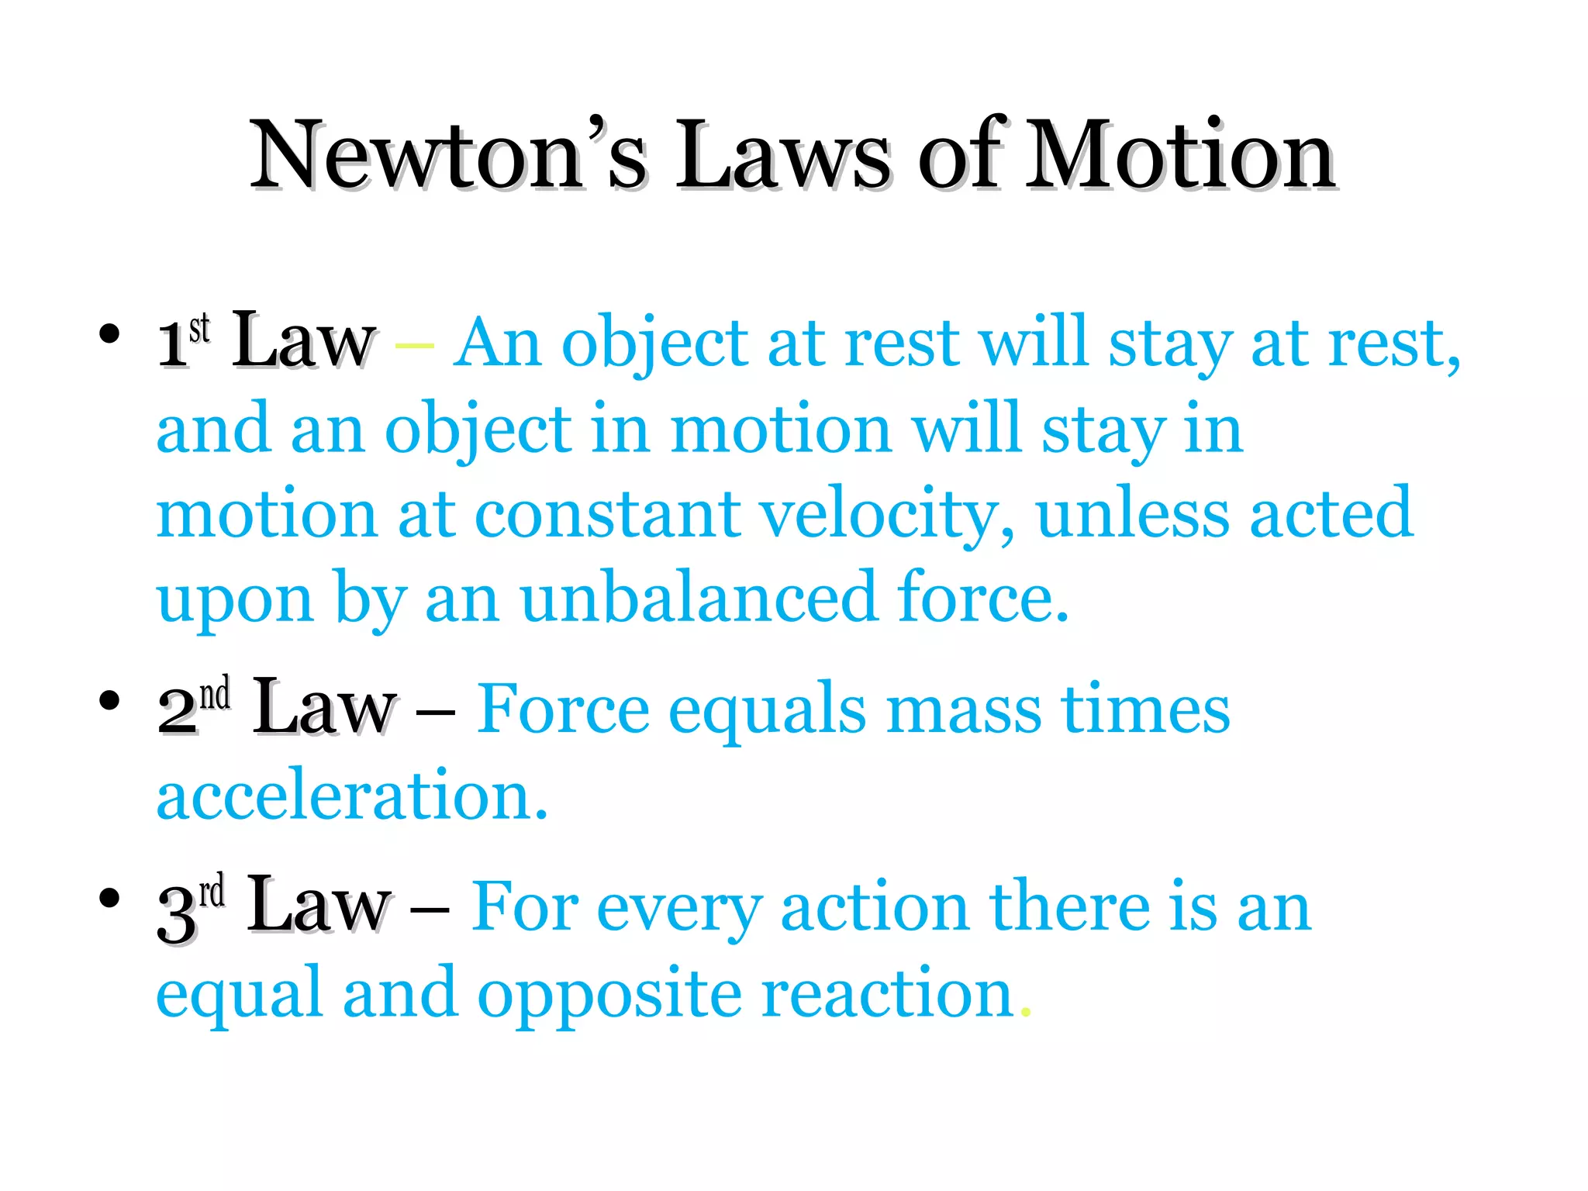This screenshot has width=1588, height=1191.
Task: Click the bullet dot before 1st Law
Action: (x=109, y=334)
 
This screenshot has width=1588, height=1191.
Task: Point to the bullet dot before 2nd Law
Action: (x=109, y=700)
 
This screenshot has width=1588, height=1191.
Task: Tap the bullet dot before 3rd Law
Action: (x=109, y=898)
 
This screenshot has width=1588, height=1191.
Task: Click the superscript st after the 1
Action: (x=199, y=329)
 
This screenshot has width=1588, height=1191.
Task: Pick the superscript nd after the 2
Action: (x=215, y=693)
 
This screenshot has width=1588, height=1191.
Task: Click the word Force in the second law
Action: (x=563, y=709)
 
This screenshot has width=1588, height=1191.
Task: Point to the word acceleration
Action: (x=351, y=796)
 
